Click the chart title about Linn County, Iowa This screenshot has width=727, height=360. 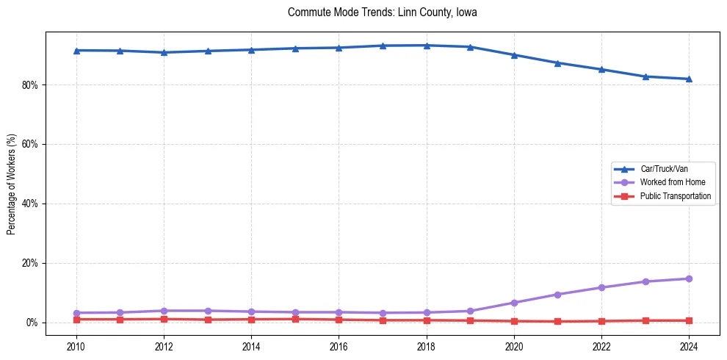(x=383, y=12)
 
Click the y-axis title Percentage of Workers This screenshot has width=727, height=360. (x=12, y=184)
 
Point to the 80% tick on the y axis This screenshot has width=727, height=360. (x=30, y=85)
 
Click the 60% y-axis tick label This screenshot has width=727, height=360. (x=30, y=145)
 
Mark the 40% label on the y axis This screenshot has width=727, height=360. (x=30, y=204)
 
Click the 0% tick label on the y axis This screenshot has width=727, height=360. (x=32, y=323)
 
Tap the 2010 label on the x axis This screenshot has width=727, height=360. (x=76, y=345)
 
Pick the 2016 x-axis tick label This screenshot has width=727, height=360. (x=339, y=345)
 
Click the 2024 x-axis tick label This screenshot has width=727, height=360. (x=689, y=345)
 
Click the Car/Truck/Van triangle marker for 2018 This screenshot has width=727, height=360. (x=427, y=46)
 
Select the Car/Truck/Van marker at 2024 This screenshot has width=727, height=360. (x=689, y=79)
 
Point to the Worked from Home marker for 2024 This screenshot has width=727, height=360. (x=689, y=278)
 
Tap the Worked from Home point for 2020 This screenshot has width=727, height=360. (x=514, y=303)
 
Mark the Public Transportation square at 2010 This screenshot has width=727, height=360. (x=76, y=319)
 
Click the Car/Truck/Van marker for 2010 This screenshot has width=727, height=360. (x=76, y=50)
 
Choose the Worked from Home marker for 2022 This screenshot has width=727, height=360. (x=601, y=287)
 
